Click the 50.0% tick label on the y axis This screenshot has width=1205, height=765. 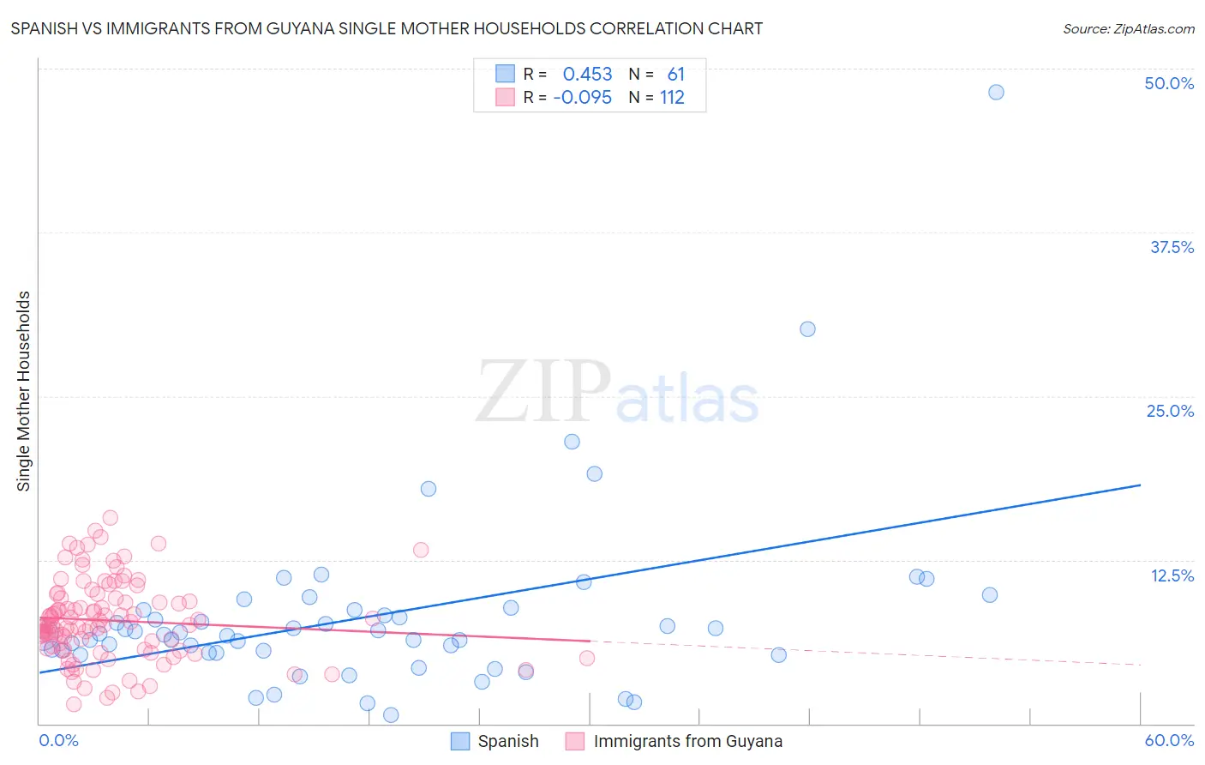click(1168, 83)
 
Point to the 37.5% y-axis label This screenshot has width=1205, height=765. click(1171, 247)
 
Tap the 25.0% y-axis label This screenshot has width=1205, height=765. click(1169, 411)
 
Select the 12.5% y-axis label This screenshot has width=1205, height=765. click(1171, 575)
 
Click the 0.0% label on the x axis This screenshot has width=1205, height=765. click(58, 740)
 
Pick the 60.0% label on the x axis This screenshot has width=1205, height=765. click(1168, 740)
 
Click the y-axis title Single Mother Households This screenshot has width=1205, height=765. click(23, 391)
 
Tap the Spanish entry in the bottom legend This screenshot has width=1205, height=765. click(507, 741)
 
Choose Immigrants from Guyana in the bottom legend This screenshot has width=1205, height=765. click(687, 741)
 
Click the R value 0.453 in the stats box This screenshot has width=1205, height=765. click(587, 74)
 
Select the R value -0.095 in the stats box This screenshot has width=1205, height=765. click(582, 98)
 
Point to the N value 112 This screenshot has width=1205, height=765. click(672, 98)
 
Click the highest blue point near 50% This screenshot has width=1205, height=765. click(996, 92)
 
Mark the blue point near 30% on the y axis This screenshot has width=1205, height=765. click(807, 329)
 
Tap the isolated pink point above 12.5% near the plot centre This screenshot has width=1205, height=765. click(421, 550)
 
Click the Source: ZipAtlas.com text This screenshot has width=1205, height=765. click(1128, 29)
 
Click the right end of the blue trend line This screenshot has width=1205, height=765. click(1140, 485)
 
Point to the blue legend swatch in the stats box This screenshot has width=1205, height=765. click(506, 74)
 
